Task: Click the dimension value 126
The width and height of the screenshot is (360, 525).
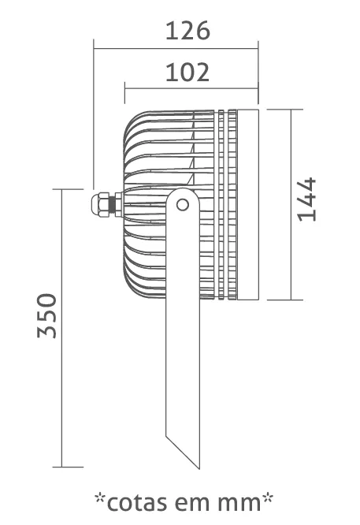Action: point(187,31)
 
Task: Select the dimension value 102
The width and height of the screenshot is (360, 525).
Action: point(187,73)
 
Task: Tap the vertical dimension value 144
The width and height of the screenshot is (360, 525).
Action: point(306,199)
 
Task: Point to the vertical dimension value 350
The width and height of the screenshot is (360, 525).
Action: point(47,315)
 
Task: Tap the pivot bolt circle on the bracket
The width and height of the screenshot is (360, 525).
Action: point(183,205)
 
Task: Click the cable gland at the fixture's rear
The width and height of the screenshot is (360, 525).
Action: point(106,204)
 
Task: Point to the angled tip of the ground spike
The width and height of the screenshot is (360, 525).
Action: point(199,469)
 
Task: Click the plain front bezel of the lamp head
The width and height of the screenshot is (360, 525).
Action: point(248,204)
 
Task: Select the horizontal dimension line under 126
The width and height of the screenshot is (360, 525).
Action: point(176,49)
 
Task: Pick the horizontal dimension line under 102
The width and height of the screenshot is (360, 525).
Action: point(191,89)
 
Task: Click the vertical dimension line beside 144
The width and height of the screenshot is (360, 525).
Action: point(291,205)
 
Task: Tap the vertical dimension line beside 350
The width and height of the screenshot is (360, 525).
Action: point(62,328)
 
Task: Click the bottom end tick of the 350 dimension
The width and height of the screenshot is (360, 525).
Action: point(68,467)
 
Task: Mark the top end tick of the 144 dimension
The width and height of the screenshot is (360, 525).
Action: point(285,110)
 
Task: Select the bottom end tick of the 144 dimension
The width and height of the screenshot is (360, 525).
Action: point(285,300)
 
